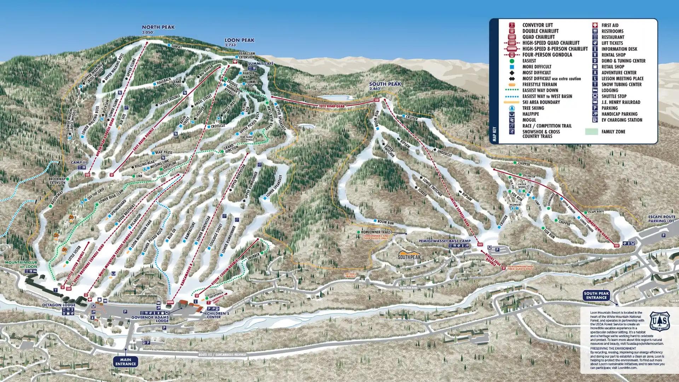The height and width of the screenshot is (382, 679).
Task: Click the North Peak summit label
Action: tap(158, 27)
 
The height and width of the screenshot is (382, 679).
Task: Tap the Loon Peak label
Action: tap(239, 40)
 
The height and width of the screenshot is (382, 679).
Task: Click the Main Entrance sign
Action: tap(126, 362)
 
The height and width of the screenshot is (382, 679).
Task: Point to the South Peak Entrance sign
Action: tap(596, 296)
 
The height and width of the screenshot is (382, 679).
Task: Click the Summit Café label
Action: tap(261, 63)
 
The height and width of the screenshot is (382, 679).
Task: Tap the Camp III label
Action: tap(79, 163)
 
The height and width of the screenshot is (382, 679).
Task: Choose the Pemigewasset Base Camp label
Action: tap(445, 241)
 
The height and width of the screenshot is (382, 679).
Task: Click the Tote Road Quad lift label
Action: tap(332, 105)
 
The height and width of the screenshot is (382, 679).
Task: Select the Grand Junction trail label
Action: tap(231, 148)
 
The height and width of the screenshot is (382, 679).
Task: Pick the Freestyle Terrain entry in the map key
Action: tap(539, 84)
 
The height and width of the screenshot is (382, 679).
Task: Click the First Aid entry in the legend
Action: tap(610, 25)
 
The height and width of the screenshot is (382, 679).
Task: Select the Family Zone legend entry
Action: tap(613, 132)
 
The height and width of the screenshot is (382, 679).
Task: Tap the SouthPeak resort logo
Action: tap(410, 256)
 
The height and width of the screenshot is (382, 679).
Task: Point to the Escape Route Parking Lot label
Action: tap(661, 219)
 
